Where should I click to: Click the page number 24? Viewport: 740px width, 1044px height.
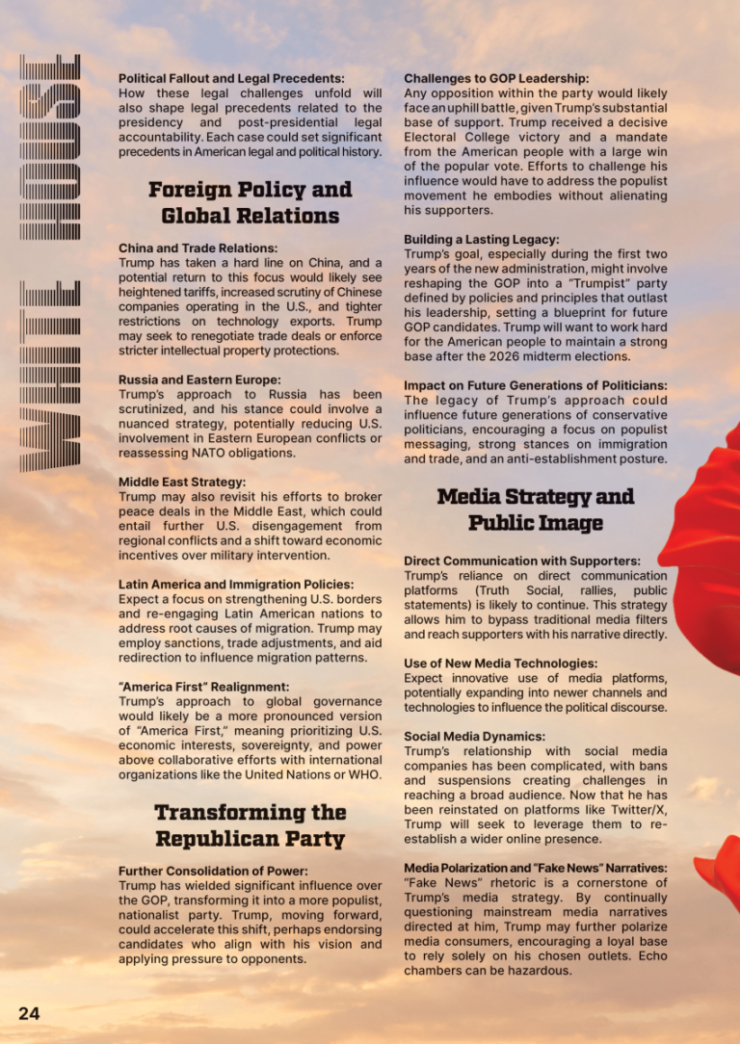[x=28, y=1013]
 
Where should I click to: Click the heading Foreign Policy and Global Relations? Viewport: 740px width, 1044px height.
[x=250, y=202]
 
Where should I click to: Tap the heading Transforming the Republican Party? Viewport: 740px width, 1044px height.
[x=250, y=825]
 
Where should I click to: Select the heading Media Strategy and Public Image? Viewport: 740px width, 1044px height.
[x=536, y=509]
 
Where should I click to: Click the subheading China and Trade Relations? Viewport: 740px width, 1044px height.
[x=198, y=248]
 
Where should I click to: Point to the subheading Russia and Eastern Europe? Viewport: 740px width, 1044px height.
[x=199, y=379]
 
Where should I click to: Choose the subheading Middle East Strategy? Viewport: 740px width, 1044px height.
[x=182, y=482]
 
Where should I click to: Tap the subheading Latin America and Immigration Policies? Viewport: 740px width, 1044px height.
[x=235, y=584]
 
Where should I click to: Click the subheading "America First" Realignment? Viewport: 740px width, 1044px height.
[x=203, y=687]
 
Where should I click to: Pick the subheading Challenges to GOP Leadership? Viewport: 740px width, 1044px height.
[x=496, y=78]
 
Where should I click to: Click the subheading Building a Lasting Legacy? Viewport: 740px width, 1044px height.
[x=481, y=239]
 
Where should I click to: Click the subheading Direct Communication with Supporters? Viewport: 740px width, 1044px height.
[x=521, y=561]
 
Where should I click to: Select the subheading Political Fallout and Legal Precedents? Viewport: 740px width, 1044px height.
[x=231, y=78]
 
